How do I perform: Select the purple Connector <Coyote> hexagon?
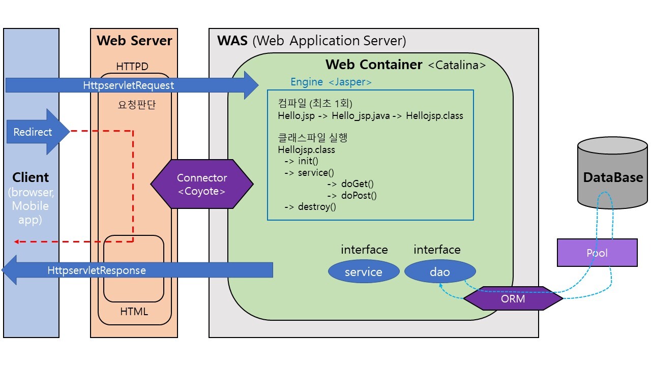click(x=202, y=185)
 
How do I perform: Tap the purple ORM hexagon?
click(x=513, y=298)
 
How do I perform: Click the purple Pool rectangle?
click(x=597, y=253)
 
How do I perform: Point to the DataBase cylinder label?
click(x=613, y=177)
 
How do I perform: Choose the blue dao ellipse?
click(x=440, y=272)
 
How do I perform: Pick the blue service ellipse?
click(x=363, y=272)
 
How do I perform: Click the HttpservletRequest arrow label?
click(x=129, y=85)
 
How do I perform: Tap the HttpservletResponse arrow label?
click(x=97, y=270)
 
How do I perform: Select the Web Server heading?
click(x=134, y=41)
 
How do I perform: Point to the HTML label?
click(x=134, y=311)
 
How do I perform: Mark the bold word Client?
click(x=31, y=177)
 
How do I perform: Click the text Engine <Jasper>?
click(x=331, y=81)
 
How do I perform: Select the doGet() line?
click(x=350, y=184)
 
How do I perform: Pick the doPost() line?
click(x=351, y=195)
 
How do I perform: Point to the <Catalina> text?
click(x=457, y=65)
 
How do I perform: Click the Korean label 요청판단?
click(x=134, y=105)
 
